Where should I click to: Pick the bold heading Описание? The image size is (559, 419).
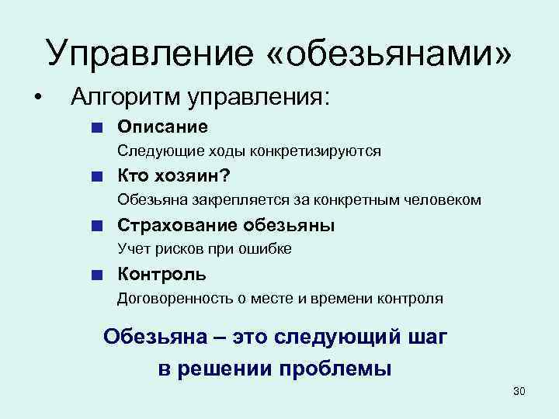pyautogui.click(x=162, y=126)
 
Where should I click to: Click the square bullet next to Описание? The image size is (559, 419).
pyautogui.click(x=94, y=126)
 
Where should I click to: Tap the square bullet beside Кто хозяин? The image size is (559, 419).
pyautogui.click(x=94, y=176)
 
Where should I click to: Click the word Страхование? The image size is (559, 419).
pyautogui.click(x=178, y=225)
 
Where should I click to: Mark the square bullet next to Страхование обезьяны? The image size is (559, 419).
pyautogui.click(x=94, y=226)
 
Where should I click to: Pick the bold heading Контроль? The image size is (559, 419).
pyautogui.click(x=161, y=274)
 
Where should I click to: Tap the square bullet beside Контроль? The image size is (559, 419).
pyautogui.click(x=94, y=274)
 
